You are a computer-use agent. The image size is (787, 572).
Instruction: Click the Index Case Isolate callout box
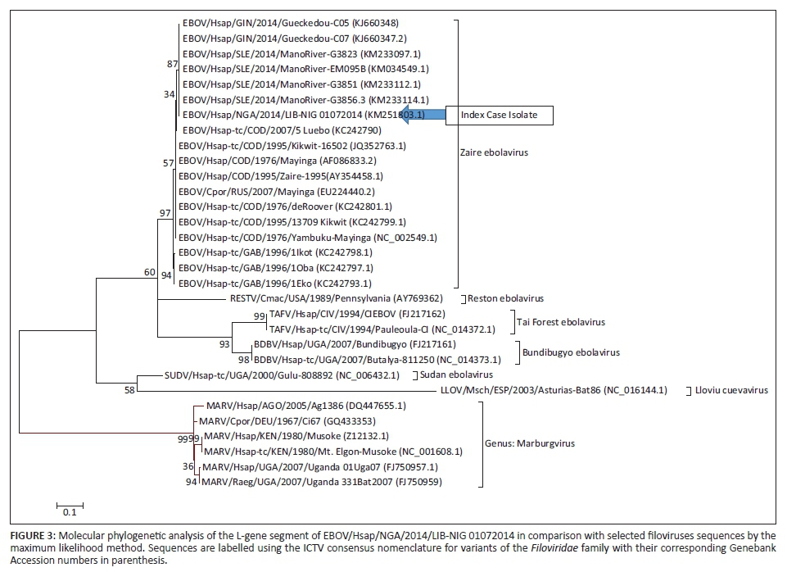[x=499, y=116]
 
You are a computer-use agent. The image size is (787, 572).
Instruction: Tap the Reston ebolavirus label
[x=505, y=299]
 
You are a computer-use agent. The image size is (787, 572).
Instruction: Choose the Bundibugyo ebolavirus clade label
[x=571, y=352]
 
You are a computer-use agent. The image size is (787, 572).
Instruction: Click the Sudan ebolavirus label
[x=446, y=375]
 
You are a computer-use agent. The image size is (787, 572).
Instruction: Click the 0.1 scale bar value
[x=70, y=513]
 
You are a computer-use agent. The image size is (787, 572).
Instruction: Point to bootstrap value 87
[x=172, y=64]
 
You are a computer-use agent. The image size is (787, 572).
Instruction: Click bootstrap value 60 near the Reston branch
[x=149, y=271]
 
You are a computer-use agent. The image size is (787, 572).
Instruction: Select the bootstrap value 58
[x=129, y=390]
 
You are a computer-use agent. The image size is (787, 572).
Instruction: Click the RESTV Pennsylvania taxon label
[x=325, y=299]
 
